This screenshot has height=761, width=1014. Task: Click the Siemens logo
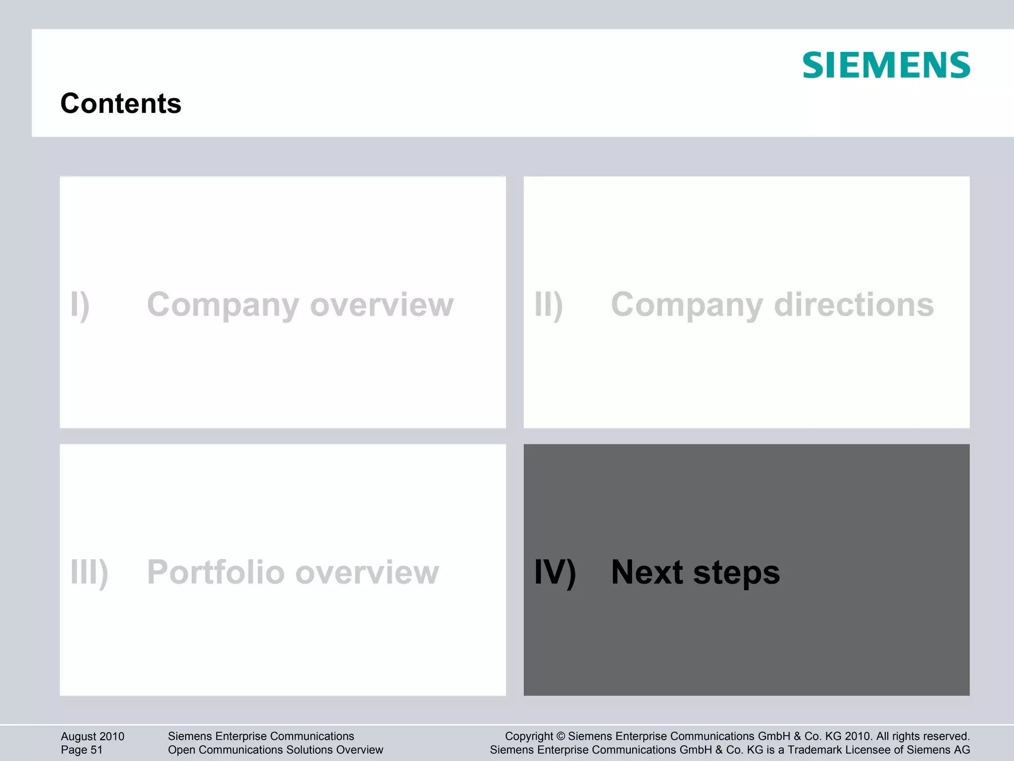[x=886, y=65]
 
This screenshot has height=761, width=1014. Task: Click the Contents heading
[x=121, y=103]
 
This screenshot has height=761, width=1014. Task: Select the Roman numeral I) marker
[x=80, y=305]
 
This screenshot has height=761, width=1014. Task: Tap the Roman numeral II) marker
[x=549, y=305]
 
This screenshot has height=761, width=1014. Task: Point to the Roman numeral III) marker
[x=89, y=573]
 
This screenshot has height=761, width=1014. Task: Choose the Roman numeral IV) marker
[x=555, y=573]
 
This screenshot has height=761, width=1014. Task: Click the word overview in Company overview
[x=382, y=305]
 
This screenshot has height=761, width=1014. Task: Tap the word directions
[x=854, y=305]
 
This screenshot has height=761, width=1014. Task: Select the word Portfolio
[x=216, y=573]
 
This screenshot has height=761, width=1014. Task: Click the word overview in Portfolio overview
[x=367, y=573]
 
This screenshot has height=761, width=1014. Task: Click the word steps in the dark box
[x=736, y=573]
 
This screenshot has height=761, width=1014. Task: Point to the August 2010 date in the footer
[x=93, y=736]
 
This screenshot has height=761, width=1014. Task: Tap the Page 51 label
[x=82, y=750]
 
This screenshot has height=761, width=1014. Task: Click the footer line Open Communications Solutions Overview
[x=275, y=750]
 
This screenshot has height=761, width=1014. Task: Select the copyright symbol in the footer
[x=560, y=736]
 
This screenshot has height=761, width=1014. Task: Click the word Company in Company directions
[x=687, y=305]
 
